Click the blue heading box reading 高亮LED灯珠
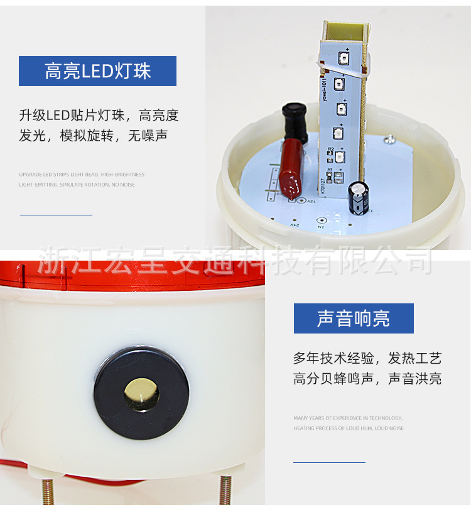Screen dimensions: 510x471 pyautogui.click(x=97, y=71)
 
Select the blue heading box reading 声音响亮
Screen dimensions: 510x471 pyautogui.click(x=354, y=318)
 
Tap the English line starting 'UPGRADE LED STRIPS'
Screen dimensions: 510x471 pyautogui.click(x=82, y=175)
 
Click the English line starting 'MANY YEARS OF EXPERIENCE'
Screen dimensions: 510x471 pyautogui.click(x=348, y=418)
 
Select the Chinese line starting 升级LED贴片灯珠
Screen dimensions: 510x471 pyautogui.click(x=99, y=116)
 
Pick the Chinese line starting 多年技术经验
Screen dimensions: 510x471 pyautogui.click(x=367, y=359)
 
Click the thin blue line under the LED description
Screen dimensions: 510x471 pyautogui.click(x=56, y=215)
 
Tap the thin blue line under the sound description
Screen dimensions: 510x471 pyautogui.click(x=329, y=462)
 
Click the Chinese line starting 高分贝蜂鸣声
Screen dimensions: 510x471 pyautogui.click(x=367, y=379)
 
